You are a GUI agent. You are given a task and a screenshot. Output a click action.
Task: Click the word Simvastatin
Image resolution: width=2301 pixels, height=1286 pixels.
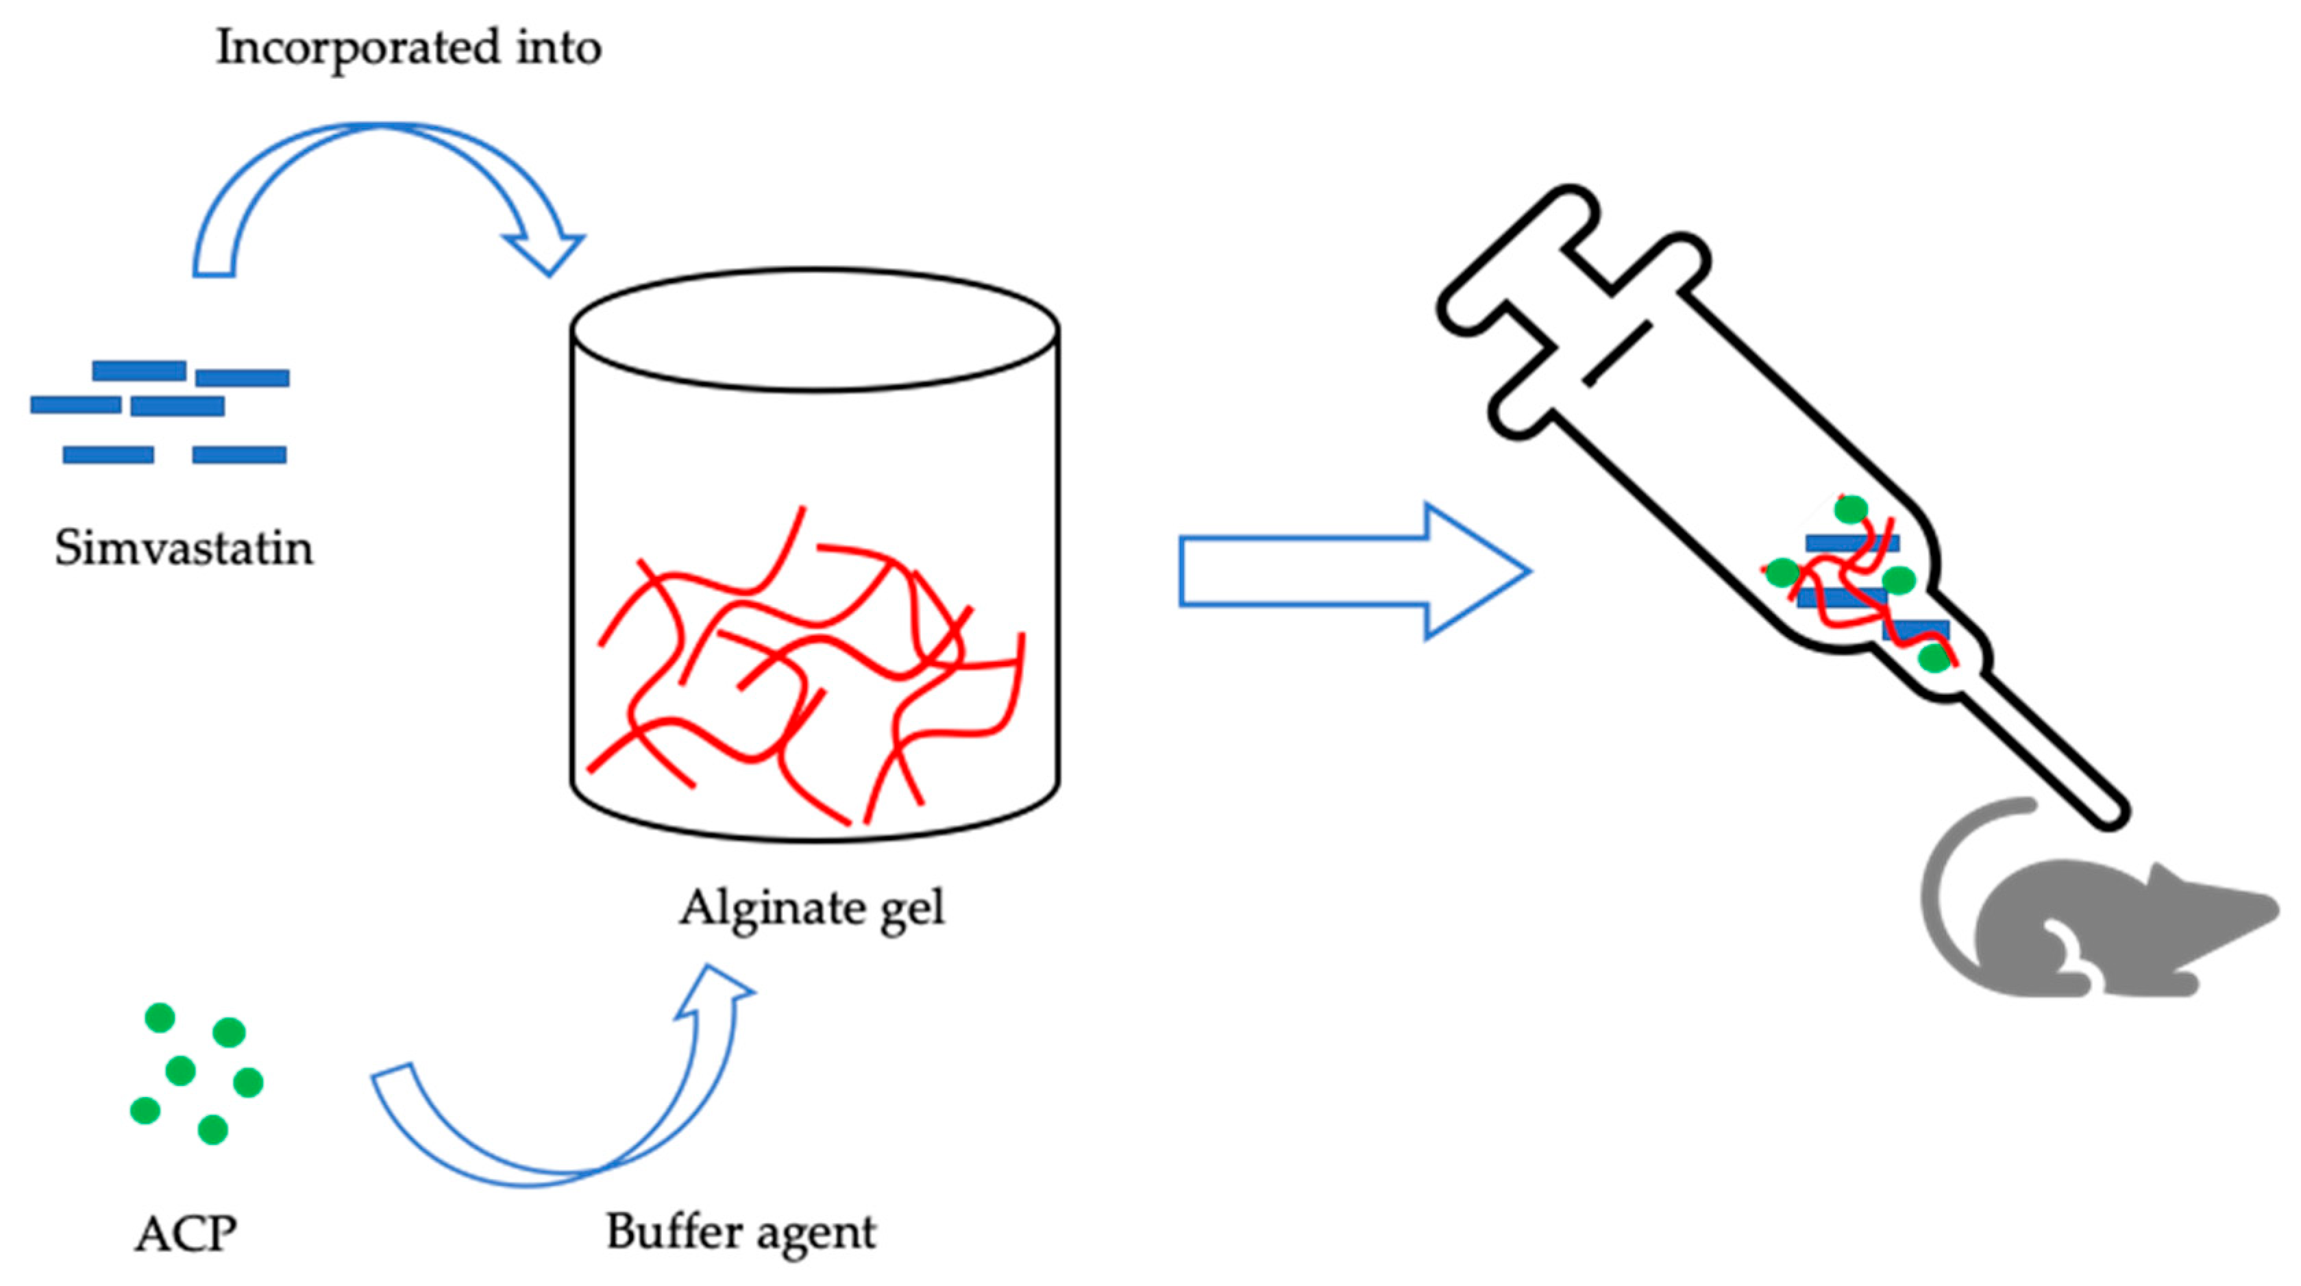tap(184, 547)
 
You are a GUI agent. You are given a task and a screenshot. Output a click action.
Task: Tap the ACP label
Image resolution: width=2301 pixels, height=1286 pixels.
tap(186, 1233)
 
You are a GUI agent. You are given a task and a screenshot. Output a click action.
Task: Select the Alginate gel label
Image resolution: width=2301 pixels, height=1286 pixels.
tap(811, 908)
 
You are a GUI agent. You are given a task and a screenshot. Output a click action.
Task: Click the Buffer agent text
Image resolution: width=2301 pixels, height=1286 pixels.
tap(741, 1233)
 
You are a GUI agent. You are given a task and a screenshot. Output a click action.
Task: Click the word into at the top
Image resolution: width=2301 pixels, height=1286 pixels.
tap(558, 47)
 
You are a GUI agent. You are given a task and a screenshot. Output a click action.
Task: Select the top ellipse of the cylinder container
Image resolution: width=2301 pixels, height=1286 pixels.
tap(815, 330)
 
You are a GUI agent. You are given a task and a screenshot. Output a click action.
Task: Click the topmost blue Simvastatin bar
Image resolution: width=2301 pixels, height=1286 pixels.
tap(138, 370)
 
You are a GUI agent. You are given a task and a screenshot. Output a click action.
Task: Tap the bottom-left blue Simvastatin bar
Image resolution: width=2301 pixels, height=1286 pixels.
tap(108, 454)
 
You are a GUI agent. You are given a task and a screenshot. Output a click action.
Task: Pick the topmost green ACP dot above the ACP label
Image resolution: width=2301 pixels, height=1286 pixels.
tap(160, 1017)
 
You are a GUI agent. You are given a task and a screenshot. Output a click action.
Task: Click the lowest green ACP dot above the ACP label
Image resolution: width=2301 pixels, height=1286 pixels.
tap(212, 1130)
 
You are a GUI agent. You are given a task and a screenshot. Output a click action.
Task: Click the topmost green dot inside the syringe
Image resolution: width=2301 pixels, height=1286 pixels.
tap(1850, 509)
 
